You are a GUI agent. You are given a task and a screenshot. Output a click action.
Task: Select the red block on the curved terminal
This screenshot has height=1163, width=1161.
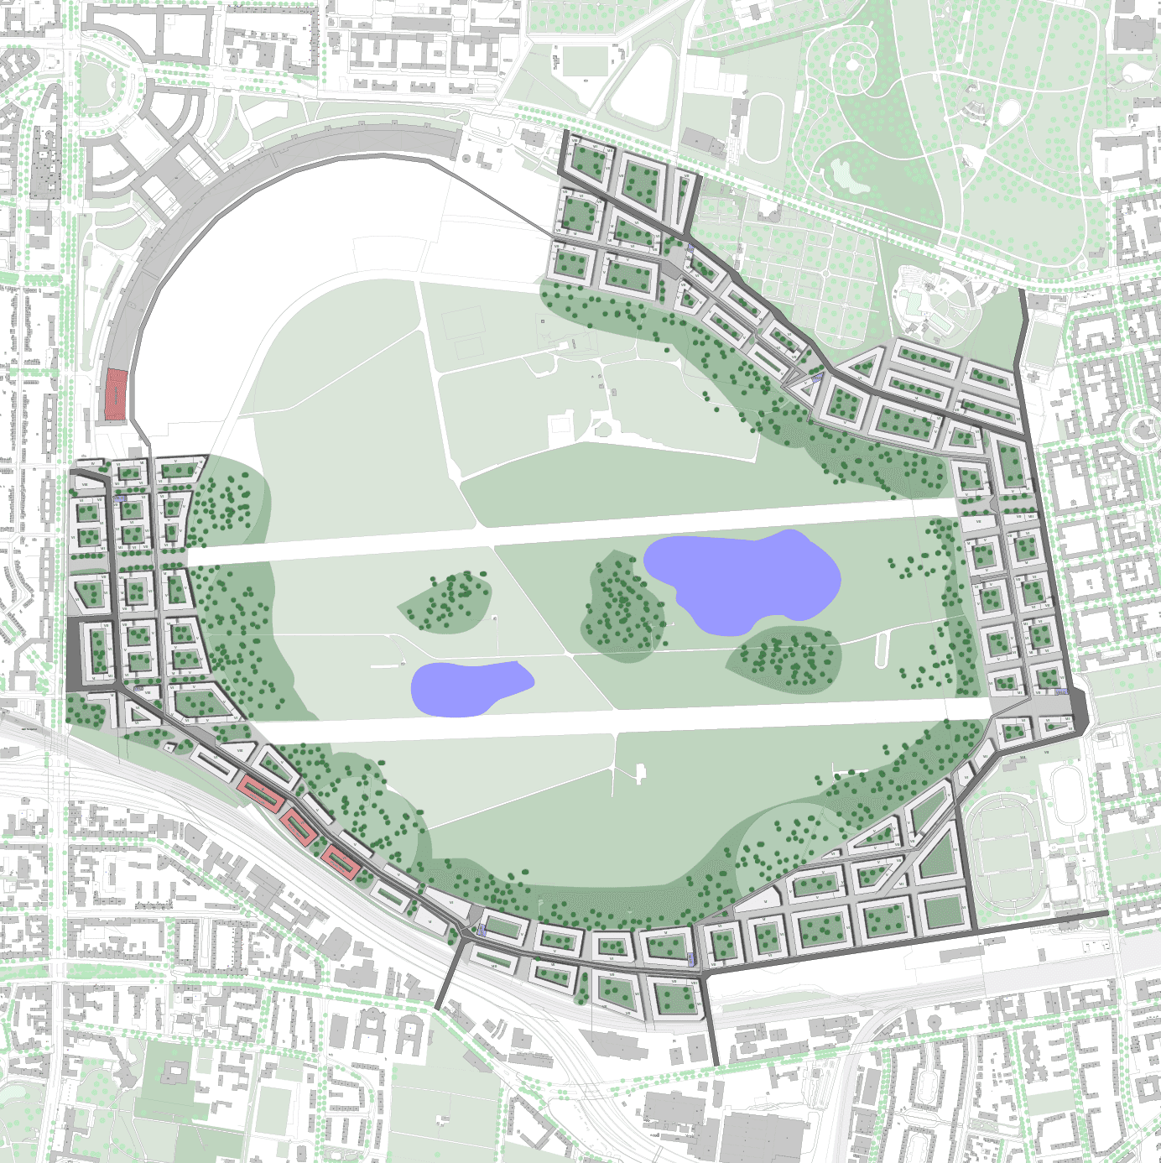[x=114, y=394]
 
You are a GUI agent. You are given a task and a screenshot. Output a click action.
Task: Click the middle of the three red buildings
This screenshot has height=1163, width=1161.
[x=299, y=827]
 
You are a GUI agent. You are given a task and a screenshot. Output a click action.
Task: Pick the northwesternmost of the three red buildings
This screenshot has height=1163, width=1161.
[x=258, y=792]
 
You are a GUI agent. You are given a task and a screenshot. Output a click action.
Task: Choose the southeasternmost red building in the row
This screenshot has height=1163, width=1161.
[x=341, y=862]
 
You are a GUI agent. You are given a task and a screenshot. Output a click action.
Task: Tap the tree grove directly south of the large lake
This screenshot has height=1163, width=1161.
[x=784, y=659]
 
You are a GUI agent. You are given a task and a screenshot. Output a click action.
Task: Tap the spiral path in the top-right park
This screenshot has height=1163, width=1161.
[x=854, y=63]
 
